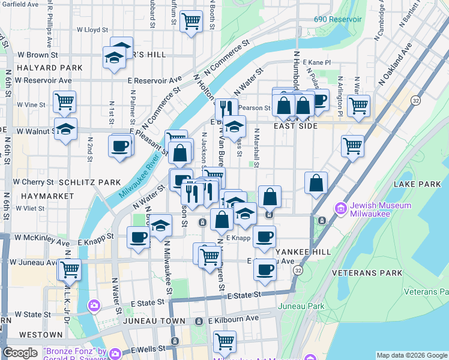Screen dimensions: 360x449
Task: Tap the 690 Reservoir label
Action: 338,19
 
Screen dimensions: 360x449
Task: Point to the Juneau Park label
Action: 301,306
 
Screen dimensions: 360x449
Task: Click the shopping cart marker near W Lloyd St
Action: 191,22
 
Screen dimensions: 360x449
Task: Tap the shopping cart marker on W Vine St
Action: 64,101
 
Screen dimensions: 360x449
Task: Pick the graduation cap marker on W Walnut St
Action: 66,129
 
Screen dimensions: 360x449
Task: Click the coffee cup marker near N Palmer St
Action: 120,146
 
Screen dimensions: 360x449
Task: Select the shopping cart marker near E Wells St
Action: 224,341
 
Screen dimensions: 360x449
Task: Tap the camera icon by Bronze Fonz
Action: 94,306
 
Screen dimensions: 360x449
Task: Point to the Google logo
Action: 20,353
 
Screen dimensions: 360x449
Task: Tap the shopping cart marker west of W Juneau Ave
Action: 70,268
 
